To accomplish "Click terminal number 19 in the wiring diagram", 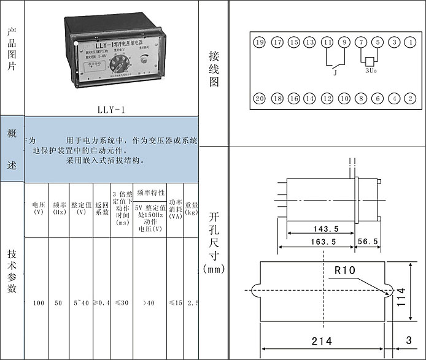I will point(260,42).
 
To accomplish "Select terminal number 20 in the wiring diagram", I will point(260,98).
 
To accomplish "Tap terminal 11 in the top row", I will point(328,42).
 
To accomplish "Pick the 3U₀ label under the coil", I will point(371,71).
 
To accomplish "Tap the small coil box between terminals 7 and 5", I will point(370,61).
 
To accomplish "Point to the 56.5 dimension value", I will point(368,242).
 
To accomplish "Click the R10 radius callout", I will point(345,269).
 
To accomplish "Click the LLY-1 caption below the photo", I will point(111,110).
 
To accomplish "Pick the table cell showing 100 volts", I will point(39,303).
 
